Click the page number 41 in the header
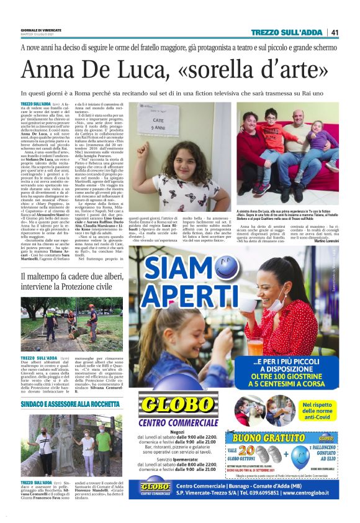[x=335, y=32]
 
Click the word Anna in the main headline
[x=47, y=72]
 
